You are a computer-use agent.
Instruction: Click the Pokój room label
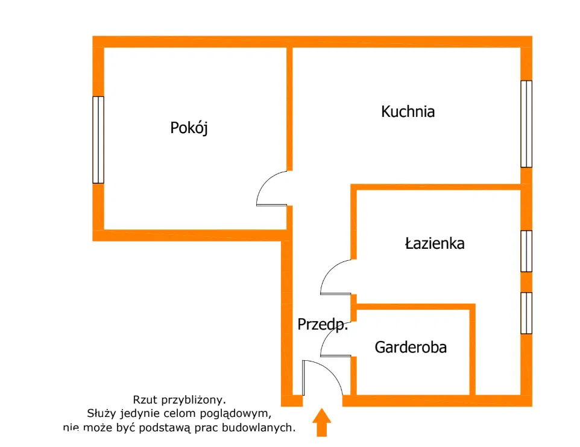click(x=189, y=128)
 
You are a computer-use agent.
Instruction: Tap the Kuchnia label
click(x=408, y=111)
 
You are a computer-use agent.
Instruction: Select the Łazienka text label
click(x=434, y=243)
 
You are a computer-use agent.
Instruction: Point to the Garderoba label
click(x=411, y=347)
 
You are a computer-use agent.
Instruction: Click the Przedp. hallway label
click(x=323, y=325)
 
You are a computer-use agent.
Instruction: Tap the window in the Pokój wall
click(x=98, y=139)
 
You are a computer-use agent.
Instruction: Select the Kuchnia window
click(x=526, y=123)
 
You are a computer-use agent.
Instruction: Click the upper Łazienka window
click(x=526, y=251)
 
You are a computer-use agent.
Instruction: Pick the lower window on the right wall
click(x=526, y=313)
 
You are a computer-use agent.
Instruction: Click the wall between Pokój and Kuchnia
click(x=289, y=108)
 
